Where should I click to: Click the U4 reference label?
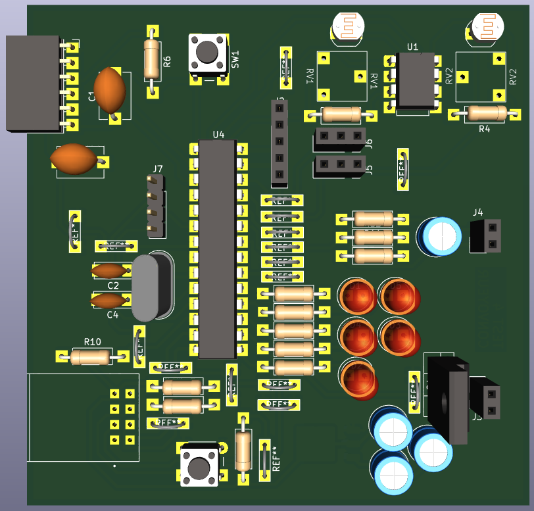(x=218, y=134)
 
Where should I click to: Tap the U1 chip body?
(x=413, y=80)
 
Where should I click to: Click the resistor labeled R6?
(x=152, y=61)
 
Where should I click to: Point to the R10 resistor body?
(x=91, y=357)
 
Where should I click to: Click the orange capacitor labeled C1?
(x=109, y=89)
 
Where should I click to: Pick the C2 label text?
(x=113, y=285)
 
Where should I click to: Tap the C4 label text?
(x=113, y=315)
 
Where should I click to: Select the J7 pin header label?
(x=157, y=170)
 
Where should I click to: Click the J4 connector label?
(x=478, y=212)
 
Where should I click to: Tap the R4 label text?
(x=484, y=129)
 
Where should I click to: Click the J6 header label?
(x=369, y=143)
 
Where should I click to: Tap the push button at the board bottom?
(x=200, y=466)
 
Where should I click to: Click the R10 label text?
(x=92, y=341)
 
